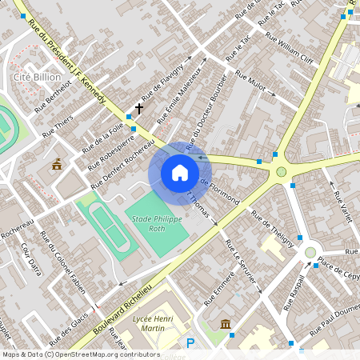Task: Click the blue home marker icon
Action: tap(180, 173)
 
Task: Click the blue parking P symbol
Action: tap(190, 343)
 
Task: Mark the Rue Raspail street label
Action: tap(294, 293)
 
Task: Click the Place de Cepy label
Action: tap(338, 265)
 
